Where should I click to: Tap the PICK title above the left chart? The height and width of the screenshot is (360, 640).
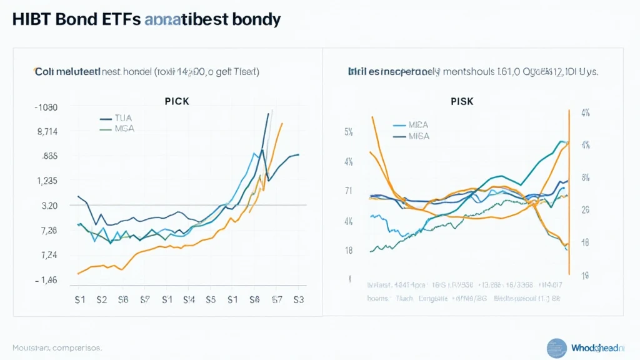point(177,101)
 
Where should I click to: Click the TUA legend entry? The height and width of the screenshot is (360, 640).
point(124,117)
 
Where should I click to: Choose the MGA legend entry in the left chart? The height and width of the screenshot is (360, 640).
point(124,129)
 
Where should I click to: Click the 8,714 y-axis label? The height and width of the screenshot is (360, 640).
point(47,132)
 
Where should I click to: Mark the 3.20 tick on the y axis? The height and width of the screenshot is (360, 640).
point(49,206)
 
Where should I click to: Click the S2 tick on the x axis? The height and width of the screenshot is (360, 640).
point(102,299)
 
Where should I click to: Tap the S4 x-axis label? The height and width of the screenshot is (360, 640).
point(189,299)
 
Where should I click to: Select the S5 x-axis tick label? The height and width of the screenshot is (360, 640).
point(211,299)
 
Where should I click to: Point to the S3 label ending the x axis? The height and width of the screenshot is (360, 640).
point(297,299)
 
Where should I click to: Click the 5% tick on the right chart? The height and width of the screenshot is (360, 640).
point(349,132)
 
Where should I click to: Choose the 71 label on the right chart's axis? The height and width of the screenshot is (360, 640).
point(349,191)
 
